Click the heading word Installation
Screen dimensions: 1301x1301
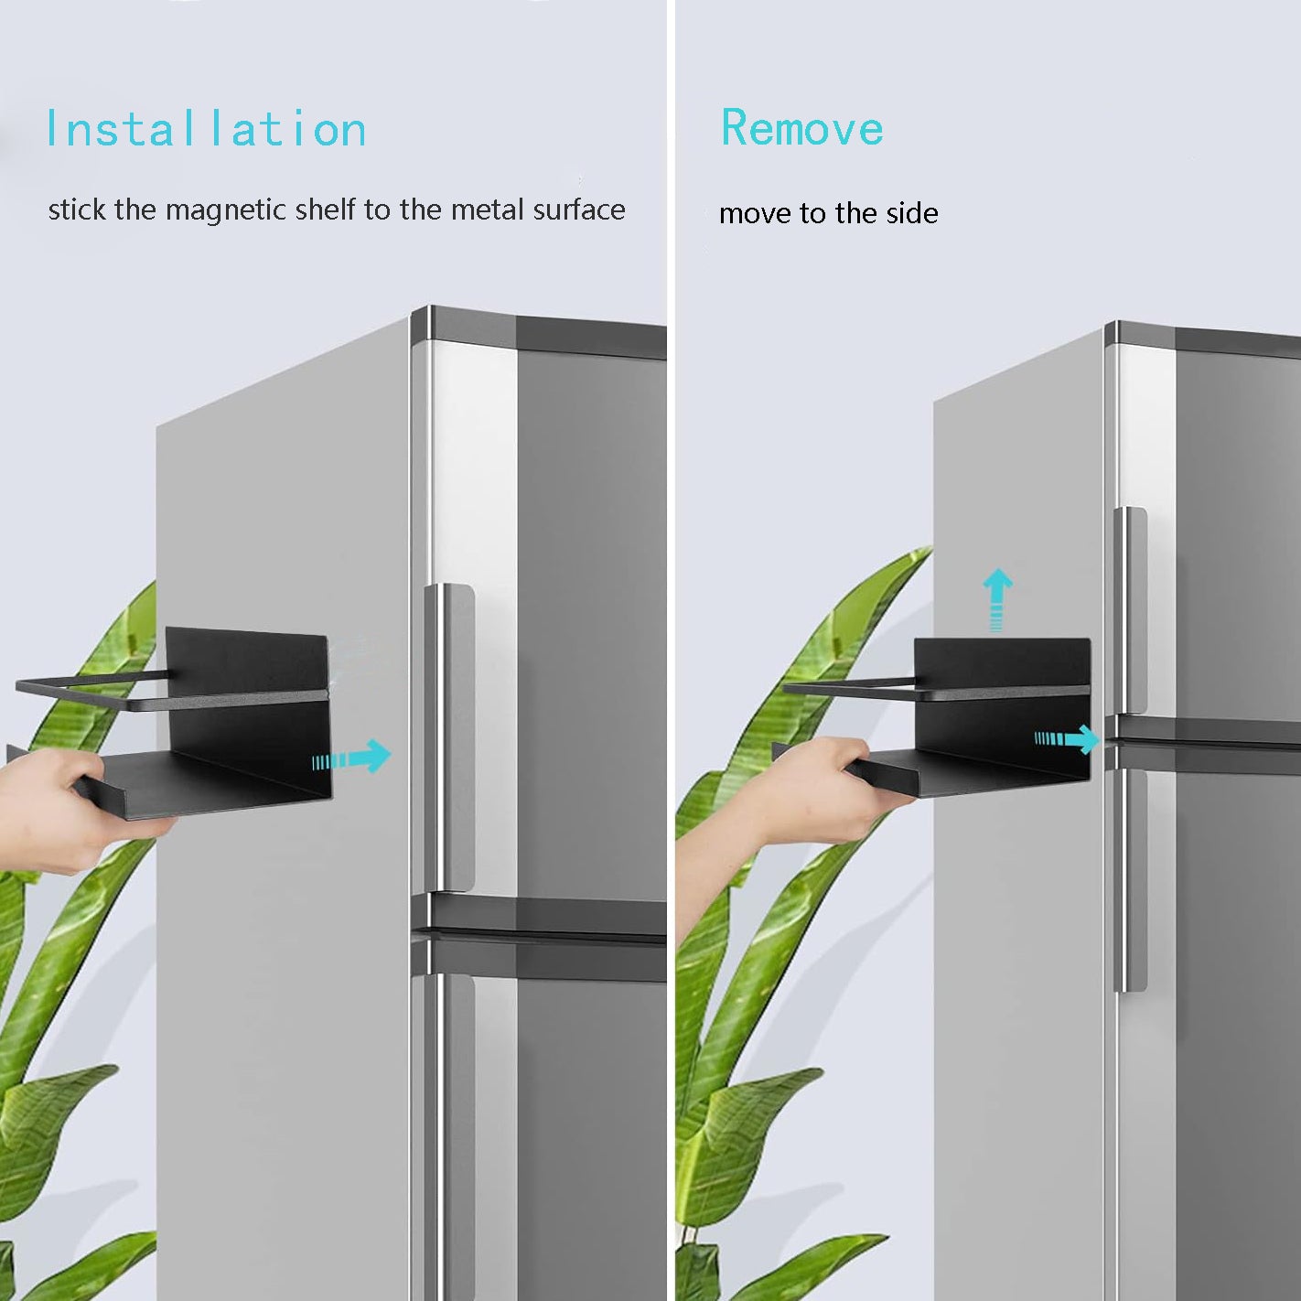pos(206,128)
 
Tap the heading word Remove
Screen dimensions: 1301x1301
pos(802,127)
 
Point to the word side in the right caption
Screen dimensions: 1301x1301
pos(912,213)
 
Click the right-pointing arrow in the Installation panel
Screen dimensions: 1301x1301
pos(351,756)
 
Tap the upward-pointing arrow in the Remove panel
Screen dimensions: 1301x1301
pos(997,599)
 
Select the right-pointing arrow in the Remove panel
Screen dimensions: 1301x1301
pos(1067,738)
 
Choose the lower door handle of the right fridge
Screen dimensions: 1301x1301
pos(1130,880)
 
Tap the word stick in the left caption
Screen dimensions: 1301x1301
pos(77,210)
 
